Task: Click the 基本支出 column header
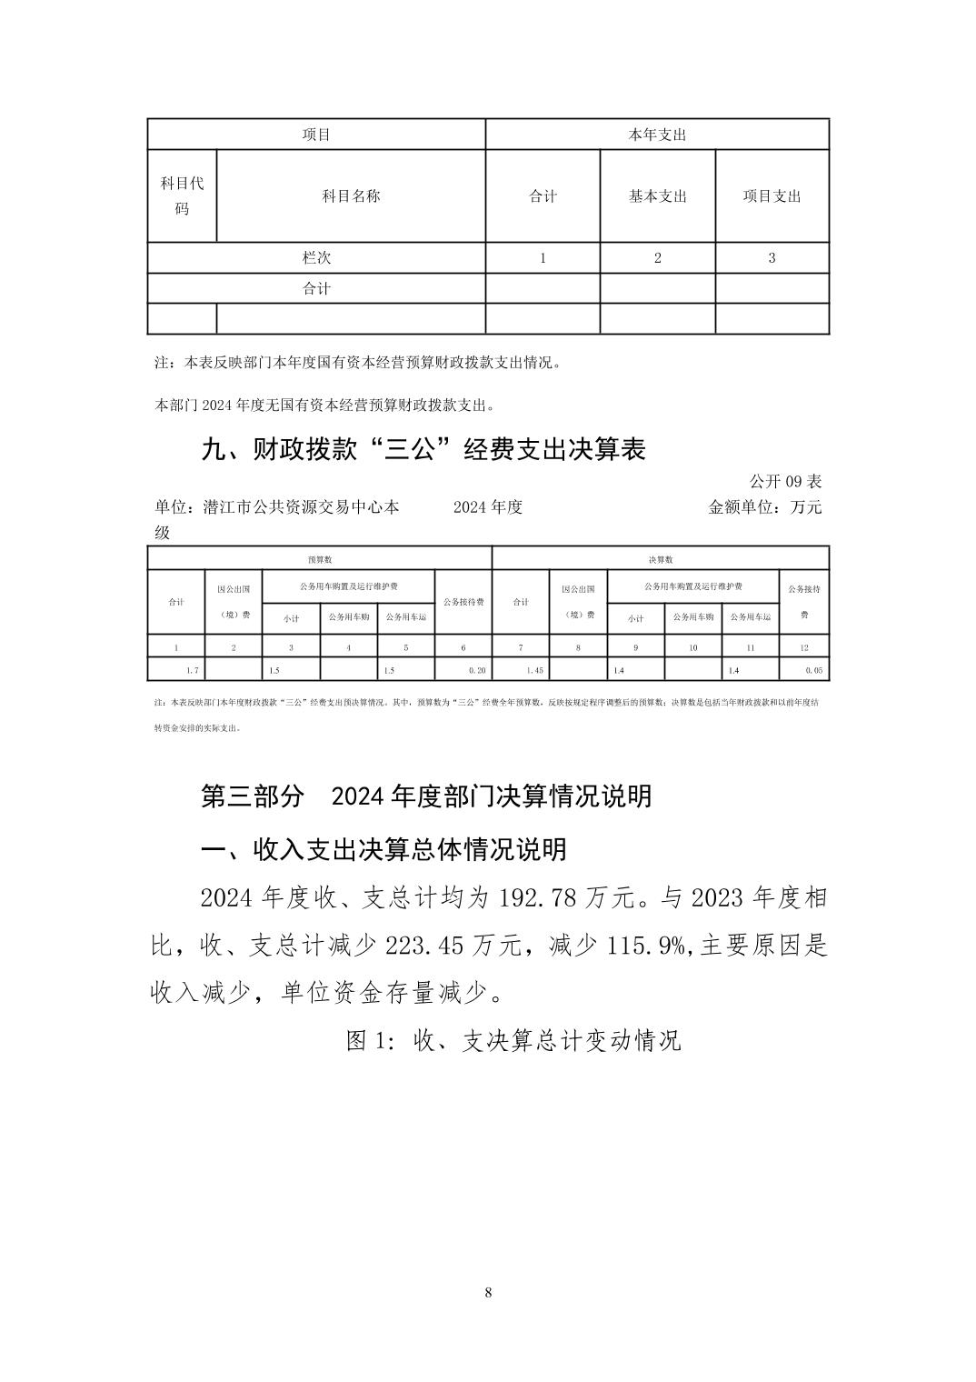pyautogui.click(x=657, y=196)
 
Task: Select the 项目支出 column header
pyautogui.click(x=772, y=196)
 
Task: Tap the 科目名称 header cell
pyautogui.click(x=351, y=196)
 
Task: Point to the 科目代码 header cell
pyautogui.click(x=182, y=196)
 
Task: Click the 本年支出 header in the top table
pyautogui.click(x=657, y=135)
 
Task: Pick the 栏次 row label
pyautogui.click(x=316, y=258)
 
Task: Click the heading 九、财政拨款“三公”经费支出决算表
pyautogui.click(x=423, y=449)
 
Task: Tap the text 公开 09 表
pyautogui.click(x=785, y=481)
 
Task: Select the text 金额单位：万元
pyautogui.click(x=764, y=506)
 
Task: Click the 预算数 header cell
pyautogui.click(x=319, y=559)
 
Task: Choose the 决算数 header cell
pyautogui.click(x=660, y=559)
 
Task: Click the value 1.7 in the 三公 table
pyautogui.click(x=193, y=670)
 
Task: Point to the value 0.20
pyautogui.click(x=477, y=670)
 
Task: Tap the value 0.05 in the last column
pyautogui.click(x=813, y=670)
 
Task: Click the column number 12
pyautogui.click(x=804, y=647)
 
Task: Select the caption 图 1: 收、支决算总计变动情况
pyautogui.click(x=513, y=1040)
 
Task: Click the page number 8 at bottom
pyautogui.click(x=489, y=1293)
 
